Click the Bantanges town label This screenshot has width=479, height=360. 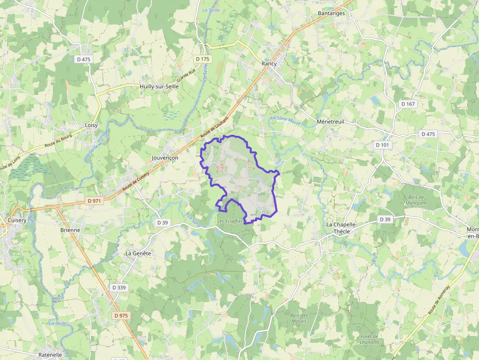tap(331, 13)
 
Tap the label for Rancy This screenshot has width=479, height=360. tap(269, 64)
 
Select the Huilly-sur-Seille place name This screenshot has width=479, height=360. tap(159, 86)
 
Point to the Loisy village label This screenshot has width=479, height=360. tap(91, 125)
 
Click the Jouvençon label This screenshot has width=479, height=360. tap(165, 158)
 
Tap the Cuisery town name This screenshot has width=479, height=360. tap(17, 220)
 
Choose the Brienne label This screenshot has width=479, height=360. tap(70, 230)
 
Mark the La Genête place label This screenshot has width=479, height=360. tap(138, 254)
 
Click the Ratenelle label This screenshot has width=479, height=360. tap(50, 355)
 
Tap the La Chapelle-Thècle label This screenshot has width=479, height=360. tap(342, 228)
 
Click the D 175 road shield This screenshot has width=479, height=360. tap(202, 59)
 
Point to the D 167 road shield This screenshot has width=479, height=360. tap(408, 104)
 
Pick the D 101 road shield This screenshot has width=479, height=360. tap(382, 145)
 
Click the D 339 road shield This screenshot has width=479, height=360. tap(119, 288)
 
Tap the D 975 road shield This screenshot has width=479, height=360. tap(121, 316)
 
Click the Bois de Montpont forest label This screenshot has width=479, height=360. tap(416, 200)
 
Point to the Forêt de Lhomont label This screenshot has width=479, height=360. tap(370, 339)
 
